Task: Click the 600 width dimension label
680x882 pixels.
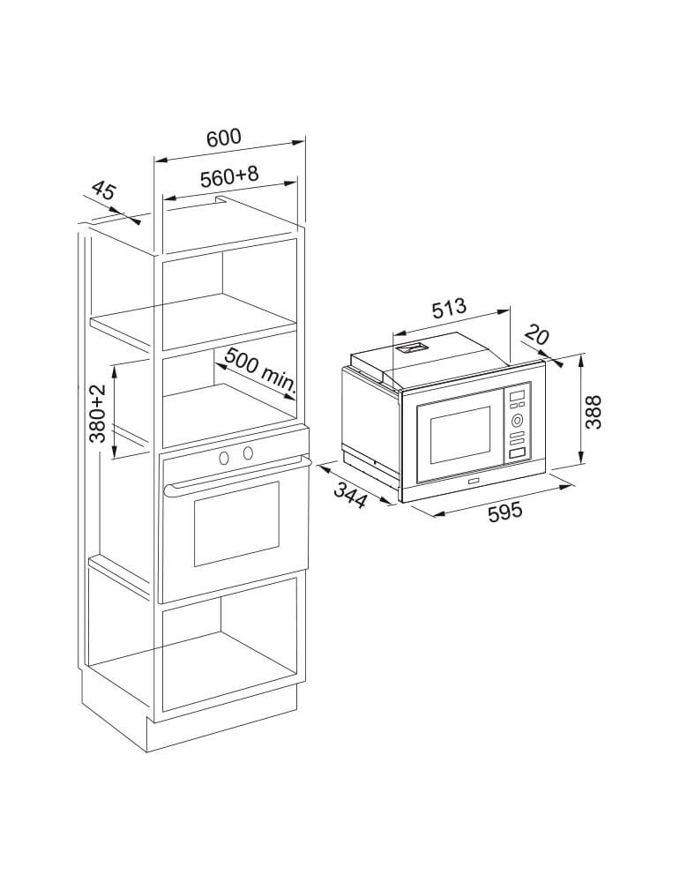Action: [x=223, y=138]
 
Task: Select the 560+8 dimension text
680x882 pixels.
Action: [x=229, y=176]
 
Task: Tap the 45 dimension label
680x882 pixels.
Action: [x=103, y=191]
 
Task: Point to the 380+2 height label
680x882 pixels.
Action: [x=97, y=414]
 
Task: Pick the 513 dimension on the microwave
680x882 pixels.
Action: [x=449, y=307]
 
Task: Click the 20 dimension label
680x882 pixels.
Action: [x=536, y=336]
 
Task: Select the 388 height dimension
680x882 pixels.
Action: [x=593, y=412]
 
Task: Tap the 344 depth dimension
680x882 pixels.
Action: [x=351, y=495]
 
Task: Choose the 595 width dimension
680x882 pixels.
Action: [x=505, y=512]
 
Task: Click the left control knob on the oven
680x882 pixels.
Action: [x=224, y=457]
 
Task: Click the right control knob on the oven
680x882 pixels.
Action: [x=248, y=452]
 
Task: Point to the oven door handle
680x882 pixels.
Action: [x=237, y=477]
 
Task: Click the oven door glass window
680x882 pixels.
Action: [x=236, y=523]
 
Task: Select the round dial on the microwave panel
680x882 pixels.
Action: [x=517, y=419]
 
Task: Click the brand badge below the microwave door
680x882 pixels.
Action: [x=471, y=482]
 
